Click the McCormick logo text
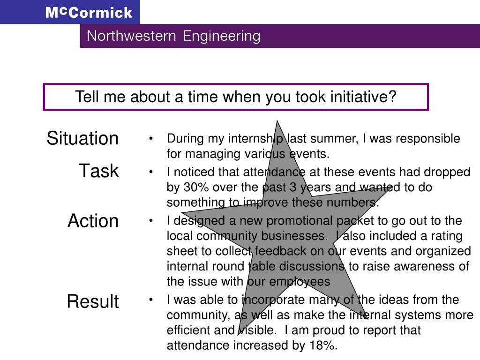pos(89,12)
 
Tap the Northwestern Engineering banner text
pos(173,36)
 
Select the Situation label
pos(82,139)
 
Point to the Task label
pos(98,171)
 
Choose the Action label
pos(93,221)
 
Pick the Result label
pos(93,301)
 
